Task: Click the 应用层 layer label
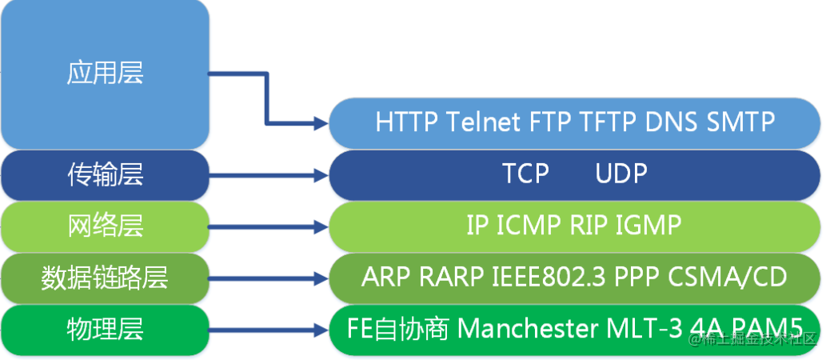coord(105,73)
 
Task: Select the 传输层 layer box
coord(105,174)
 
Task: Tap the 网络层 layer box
coord(105,225)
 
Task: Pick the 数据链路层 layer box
coord(105,277)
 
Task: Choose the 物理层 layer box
coord(105,328)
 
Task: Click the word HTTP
coord(407,123)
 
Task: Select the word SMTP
coord(741,123)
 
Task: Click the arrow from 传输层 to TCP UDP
coord(269,174)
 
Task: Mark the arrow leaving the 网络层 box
coord(269,226)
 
